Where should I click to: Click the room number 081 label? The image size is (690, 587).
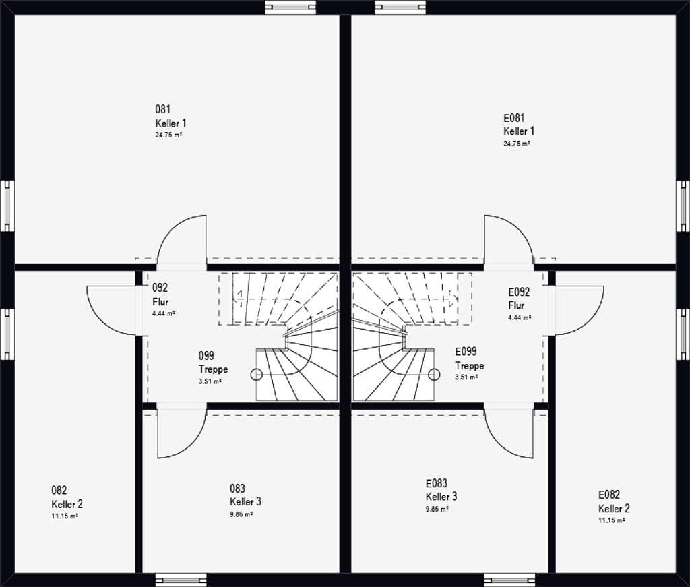click(x=163, y=109)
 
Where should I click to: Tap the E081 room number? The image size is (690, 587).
click(x=514, y=117)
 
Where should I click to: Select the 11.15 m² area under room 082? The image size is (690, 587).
click(x=65, y=516)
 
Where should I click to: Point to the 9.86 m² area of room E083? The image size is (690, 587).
click(x=437, y=509)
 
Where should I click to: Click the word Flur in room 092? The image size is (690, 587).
click(x=160, y=302)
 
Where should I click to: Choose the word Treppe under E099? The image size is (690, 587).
click(x=470, y=366)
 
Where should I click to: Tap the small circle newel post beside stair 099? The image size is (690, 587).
click(x=256, y=375)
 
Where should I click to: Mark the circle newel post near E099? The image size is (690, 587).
click(x=435, y=375)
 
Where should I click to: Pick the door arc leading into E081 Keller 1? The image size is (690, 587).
click(x=520, y=229)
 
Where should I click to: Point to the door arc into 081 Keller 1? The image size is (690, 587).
click(x=172, y=229)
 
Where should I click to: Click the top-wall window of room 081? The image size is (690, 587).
click(x=290, y=7)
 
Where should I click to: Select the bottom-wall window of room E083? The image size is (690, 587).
click(x=509, y=580)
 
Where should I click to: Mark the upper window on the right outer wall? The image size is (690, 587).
click(x=683, y=206)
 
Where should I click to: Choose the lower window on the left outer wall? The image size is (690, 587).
click(x=7, y=334)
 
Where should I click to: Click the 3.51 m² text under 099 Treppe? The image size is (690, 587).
click(x=210, y=381)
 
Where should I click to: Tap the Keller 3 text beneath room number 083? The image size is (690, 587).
click(x=245, y=501)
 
